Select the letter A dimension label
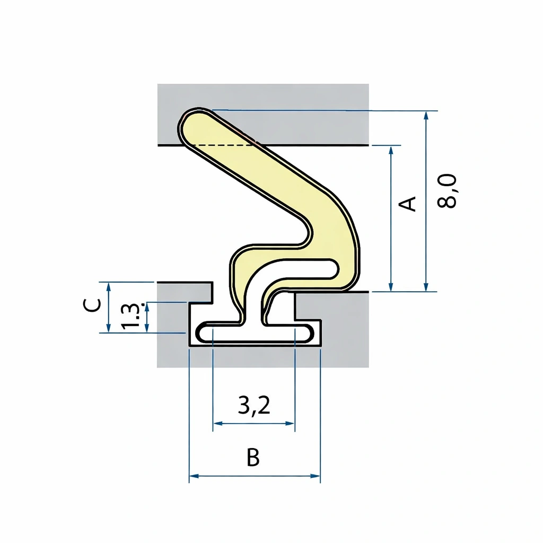[x=408, y=203]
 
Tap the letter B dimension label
[x=253, y=458]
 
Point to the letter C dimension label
[x=92, y=305]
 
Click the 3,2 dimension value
[x=254, y=406]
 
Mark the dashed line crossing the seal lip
[x=223, y=145]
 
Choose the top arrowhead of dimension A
[x=391, y=150]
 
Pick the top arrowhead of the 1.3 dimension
[x=147, y=306]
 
